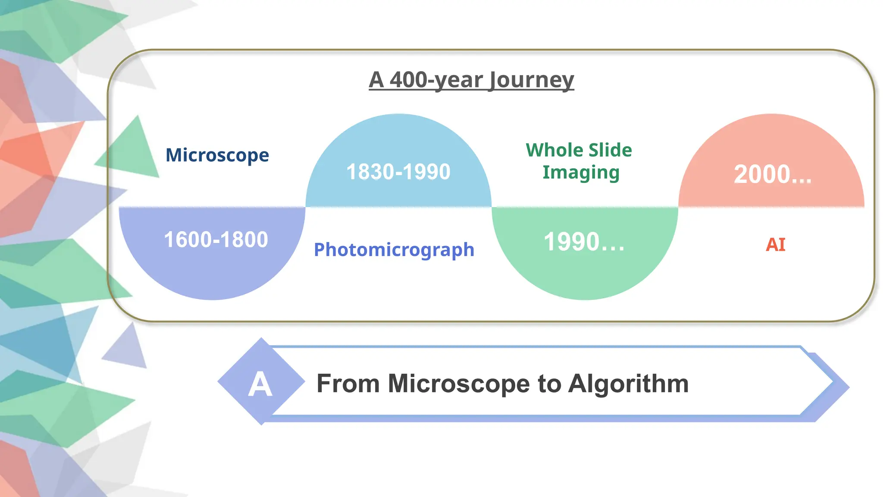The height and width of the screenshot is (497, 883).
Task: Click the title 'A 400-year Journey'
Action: click(471, 80)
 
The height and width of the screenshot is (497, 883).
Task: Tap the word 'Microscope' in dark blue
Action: click(217, 155)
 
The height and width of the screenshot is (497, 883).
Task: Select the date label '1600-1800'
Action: click(216, 239)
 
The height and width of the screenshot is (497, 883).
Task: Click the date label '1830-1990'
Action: click(398, 172)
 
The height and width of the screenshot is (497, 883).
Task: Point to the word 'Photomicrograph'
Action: click(394, 250)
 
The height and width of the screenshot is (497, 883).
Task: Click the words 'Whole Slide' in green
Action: click(579, 150)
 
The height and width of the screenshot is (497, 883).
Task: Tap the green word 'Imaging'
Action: click(581, 173)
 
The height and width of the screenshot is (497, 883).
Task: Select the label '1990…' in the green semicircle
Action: click(584, 242)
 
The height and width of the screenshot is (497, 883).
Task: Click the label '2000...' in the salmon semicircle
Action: click(773, 174)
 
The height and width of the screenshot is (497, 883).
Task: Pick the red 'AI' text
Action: click(775, 245)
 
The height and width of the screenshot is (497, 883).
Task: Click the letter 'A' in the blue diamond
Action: click(260, 384)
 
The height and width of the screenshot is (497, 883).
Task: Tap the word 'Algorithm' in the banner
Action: click(628, 383)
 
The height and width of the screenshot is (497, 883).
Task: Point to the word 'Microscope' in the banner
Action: click(459, 383)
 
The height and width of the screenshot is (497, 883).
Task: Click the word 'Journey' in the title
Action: click(532, 80)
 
